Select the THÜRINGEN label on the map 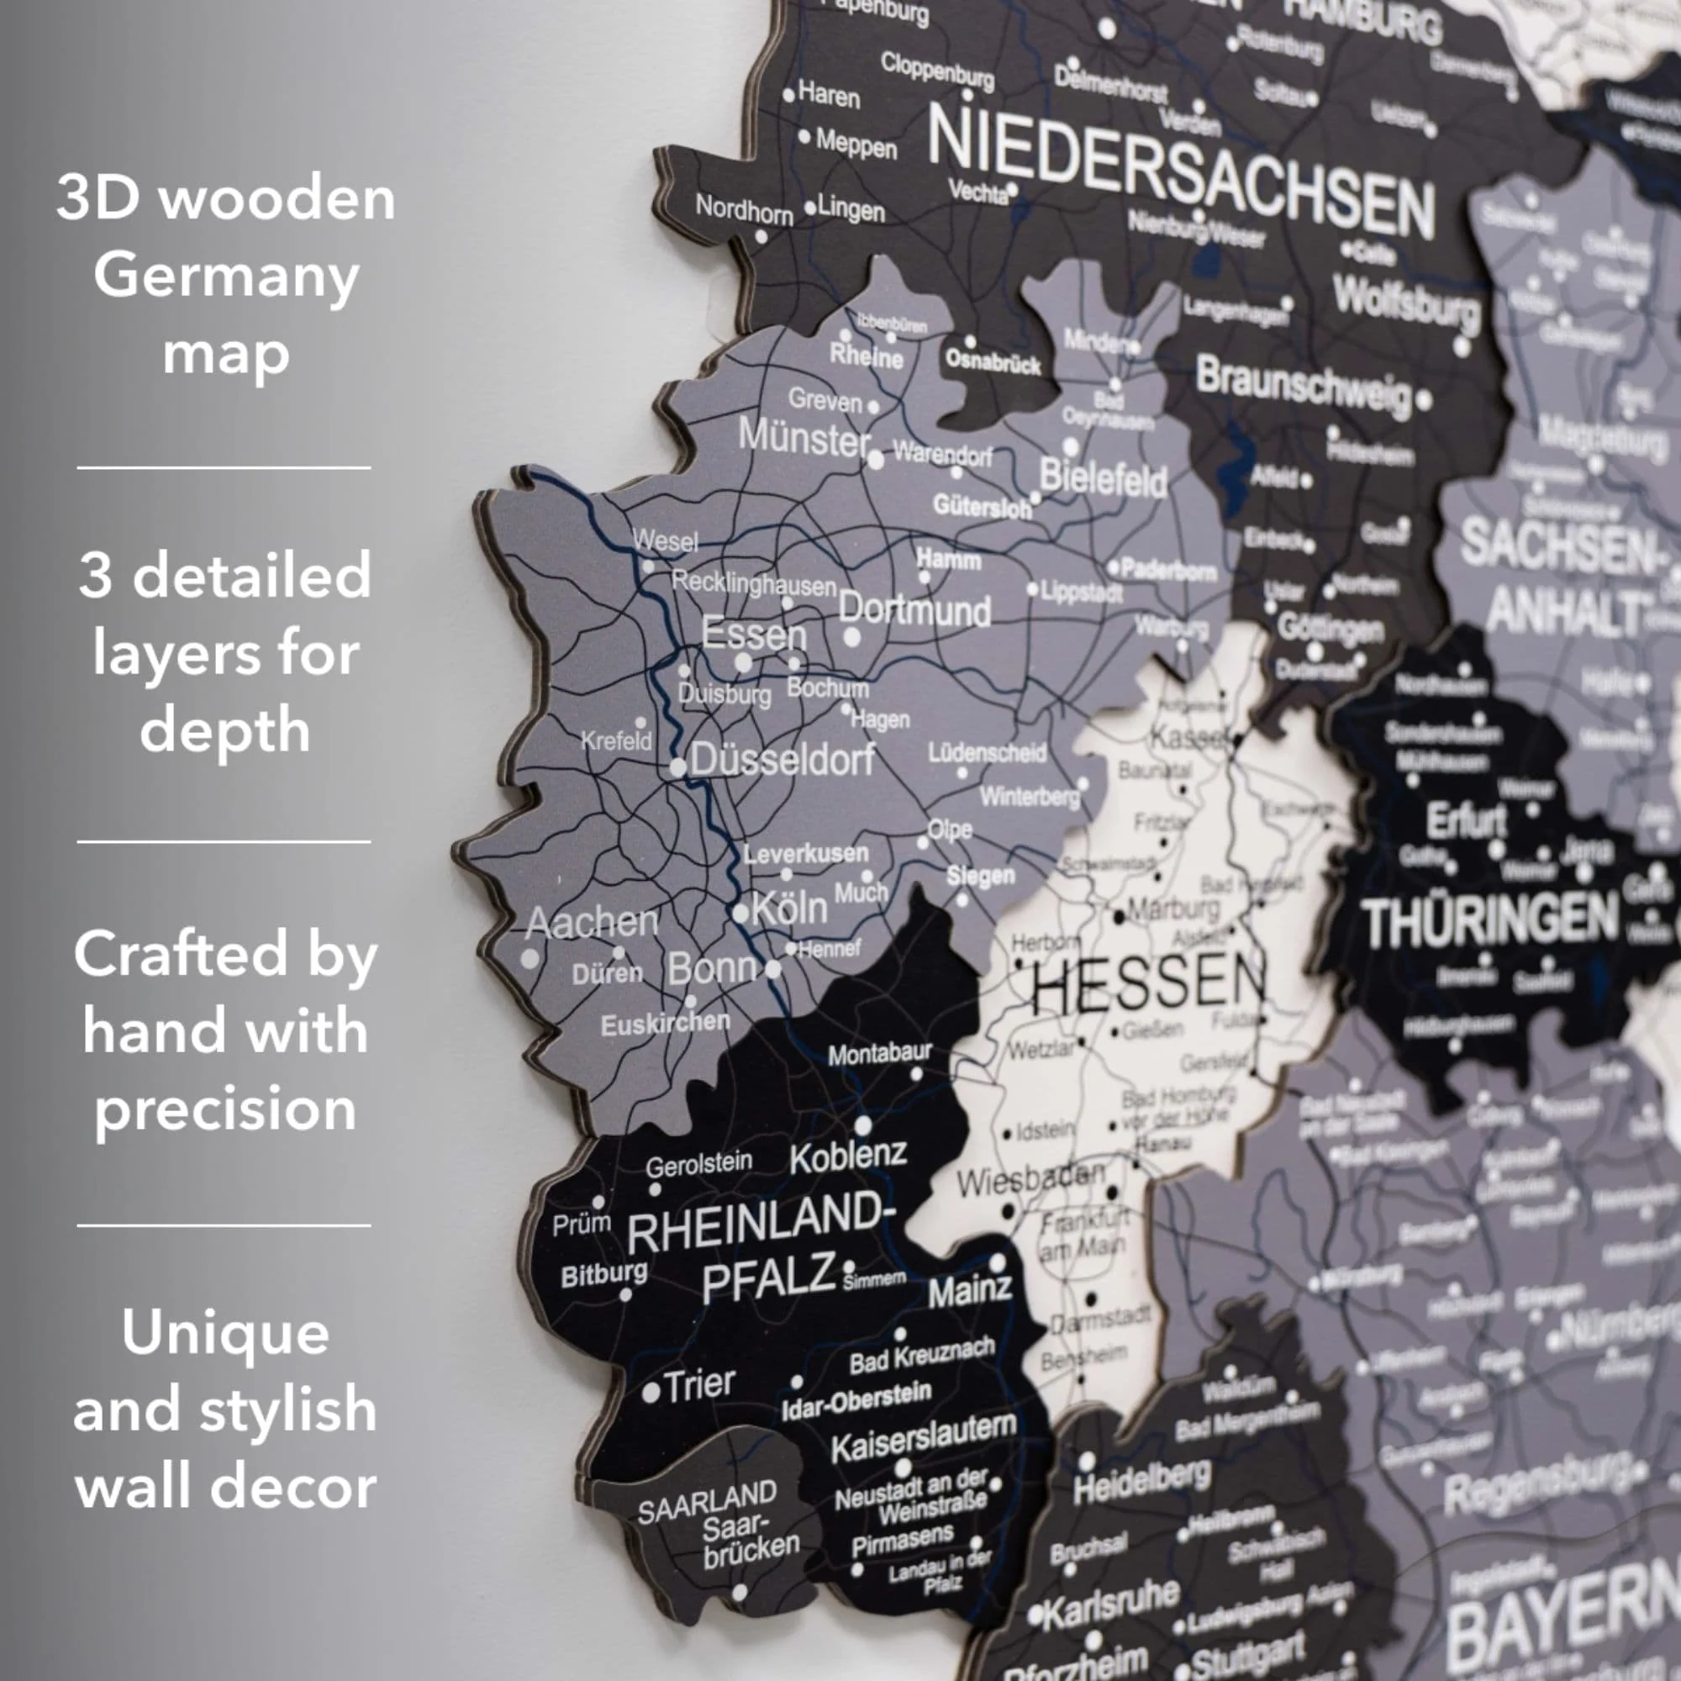coord(1489,921)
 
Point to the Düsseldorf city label coord(783,761)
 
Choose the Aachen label coord(592,922)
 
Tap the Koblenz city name coord(848,1157)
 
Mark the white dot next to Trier coord(650,1393)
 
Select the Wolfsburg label coord(1405,304)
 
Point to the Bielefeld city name coord(1104,478)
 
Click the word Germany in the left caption coord(226,276)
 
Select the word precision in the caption coord(225,1109)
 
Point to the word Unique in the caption coord(225,1332)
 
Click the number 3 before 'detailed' coord(96,576)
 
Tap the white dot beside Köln coord(740,914)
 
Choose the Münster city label coord(804,437)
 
